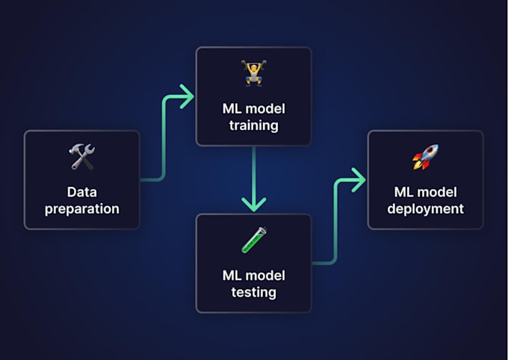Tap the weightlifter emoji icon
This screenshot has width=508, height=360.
(253, 73)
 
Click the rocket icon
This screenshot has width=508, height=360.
(425, 158)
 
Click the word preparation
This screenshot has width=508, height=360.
(81, 209)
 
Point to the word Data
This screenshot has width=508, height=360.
(81, 191)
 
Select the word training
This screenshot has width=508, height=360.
(253, 125)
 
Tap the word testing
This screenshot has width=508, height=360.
(253, 292)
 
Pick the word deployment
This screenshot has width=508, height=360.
(425, 209)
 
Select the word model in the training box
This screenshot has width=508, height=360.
(265, 108)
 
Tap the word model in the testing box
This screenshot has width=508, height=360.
(265, 275)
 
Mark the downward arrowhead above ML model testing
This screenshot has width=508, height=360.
(254, 204)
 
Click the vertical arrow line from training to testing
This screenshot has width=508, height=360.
(254, 172)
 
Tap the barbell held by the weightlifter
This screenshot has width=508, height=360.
(253, 66)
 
